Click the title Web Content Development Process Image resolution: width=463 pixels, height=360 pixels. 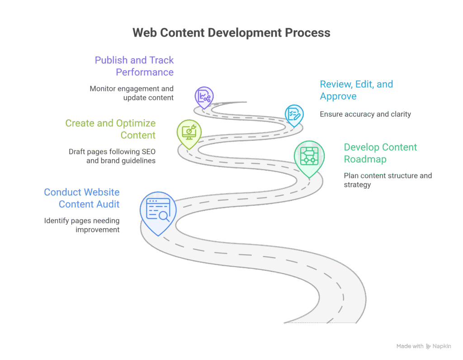(231, 33)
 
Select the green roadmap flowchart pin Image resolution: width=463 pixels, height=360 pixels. (309, 156)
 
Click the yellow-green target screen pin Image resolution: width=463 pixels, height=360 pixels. (188, 131)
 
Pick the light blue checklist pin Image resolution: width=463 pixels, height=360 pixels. (294, 113)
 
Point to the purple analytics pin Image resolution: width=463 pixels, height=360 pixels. (204, 95)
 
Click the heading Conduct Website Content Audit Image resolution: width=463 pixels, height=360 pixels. (82, 198)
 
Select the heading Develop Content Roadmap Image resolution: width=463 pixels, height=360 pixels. (380, 153)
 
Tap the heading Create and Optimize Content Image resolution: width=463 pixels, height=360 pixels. (110, 129)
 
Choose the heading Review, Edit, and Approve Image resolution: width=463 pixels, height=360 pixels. (356, 90)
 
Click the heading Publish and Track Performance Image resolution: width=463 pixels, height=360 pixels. (134, 66)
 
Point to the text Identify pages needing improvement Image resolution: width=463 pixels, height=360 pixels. (82, 225)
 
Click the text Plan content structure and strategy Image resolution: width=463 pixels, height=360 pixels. (387, 180)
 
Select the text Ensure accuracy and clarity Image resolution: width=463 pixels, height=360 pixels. (365, 114)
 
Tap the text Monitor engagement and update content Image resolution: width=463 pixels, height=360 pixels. (132, 93)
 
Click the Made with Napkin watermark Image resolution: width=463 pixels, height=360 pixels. (423, 346)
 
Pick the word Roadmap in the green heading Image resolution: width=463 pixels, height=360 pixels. (365, 159)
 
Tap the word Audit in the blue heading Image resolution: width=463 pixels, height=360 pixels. (108, 204)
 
